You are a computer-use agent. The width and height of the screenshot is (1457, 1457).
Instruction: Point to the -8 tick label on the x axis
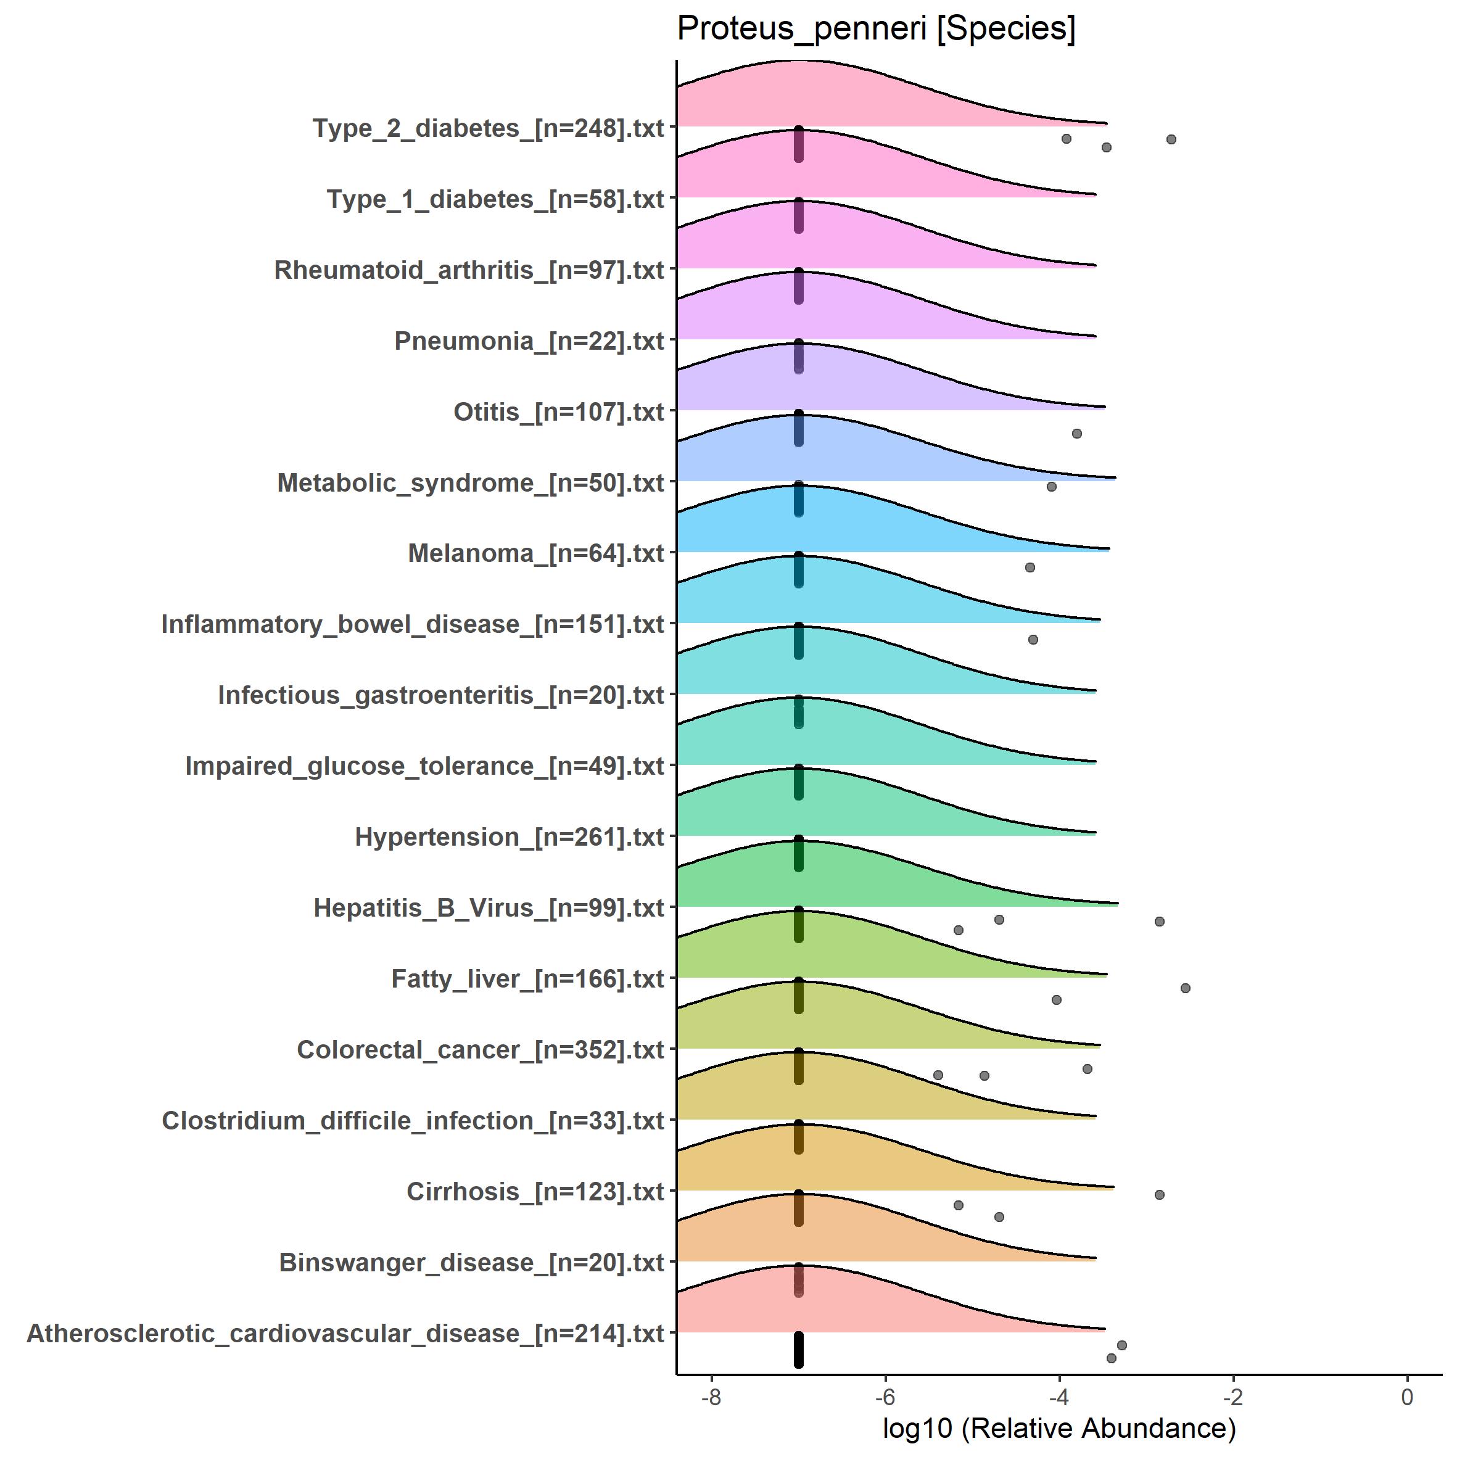(711, 1397)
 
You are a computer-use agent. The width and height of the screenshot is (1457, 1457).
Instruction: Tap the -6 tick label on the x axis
(885, 1397)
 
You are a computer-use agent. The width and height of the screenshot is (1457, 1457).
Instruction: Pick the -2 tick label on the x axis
(1232, 1397)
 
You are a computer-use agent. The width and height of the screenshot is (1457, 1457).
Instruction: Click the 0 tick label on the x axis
(1406, 1397)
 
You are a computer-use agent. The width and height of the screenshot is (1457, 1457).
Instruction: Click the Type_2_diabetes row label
(489, 128)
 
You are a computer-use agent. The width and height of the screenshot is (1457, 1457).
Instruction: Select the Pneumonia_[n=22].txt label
(529, 341)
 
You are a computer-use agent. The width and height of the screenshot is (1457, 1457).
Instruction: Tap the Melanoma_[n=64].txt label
(536, 553)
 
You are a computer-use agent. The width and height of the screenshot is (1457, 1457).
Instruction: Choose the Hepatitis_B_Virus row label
(489, 908)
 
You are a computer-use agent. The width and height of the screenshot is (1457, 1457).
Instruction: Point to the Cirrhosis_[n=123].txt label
(535, 1192)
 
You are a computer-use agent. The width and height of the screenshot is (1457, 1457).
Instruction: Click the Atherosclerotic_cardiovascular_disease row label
(345, 1333)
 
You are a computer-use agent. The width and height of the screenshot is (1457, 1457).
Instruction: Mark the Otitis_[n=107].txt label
(559, 412)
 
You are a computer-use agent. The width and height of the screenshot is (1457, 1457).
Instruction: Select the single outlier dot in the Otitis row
(1077, 434)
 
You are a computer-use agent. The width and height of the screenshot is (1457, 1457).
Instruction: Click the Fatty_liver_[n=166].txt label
(528, 979)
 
